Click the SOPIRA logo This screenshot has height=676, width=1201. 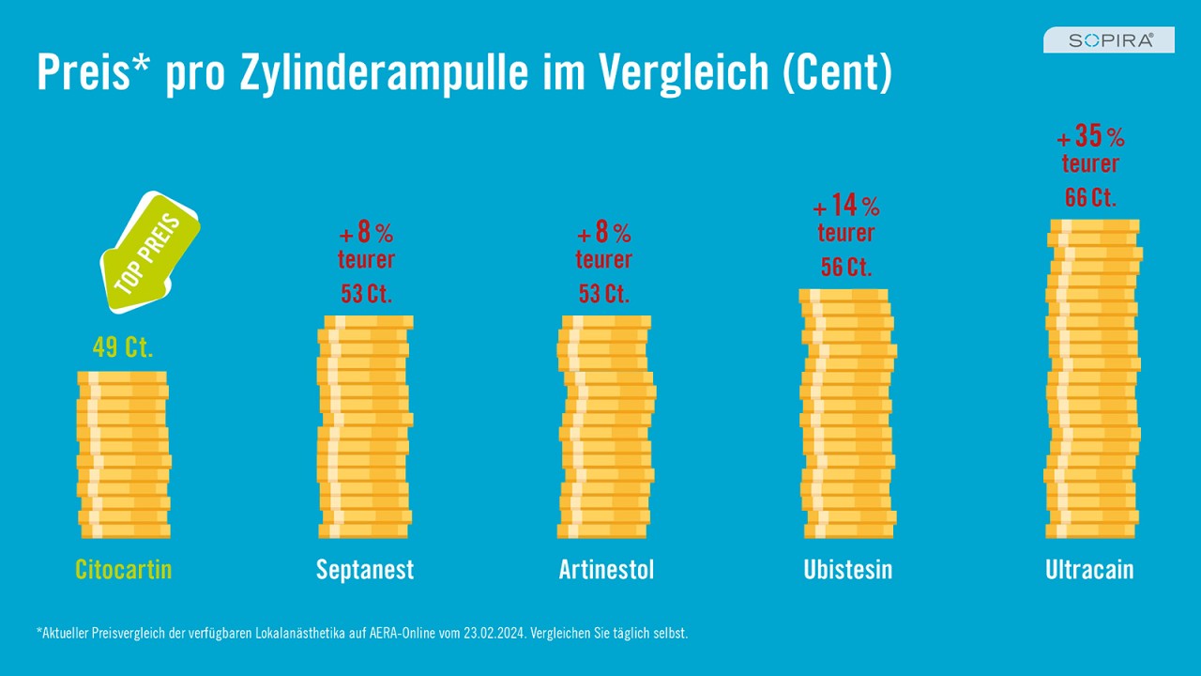click(1108, 39)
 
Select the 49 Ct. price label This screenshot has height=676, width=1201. click(123, 347)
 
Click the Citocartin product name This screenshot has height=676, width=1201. click(124, 569)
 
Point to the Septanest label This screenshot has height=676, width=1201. click(365, 569)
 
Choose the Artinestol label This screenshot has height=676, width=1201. click(606, 569)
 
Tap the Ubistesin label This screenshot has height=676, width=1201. click(848, 569)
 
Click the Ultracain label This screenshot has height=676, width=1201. click(1089, 569)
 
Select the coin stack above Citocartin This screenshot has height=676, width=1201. click(124, 455)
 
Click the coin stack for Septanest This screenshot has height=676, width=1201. click(365, 427)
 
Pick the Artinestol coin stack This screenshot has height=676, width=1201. click(606, 427)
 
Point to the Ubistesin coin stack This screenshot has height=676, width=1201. click(848, 413)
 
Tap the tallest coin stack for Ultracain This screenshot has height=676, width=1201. click(1093, 379)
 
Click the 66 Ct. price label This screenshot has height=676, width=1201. click(1090, 198)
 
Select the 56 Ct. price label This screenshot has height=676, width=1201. click(846, 267)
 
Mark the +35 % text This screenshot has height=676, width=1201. click(1090, 137)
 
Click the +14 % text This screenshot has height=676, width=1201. click(846, 206)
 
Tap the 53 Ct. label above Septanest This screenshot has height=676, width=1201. click(366, 294)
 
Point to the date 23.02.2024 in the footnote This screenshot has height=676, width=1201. click(494, 634)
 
